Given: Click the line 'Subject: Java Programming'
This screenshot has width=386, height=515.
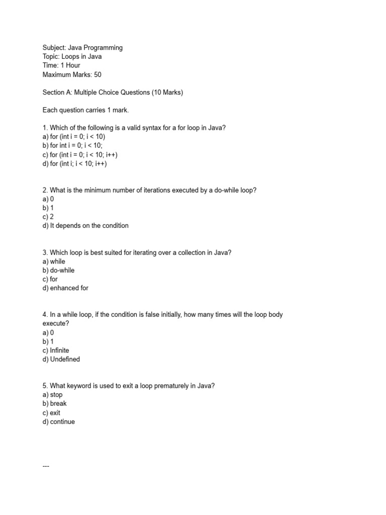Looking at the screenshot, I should click(x=82, y=48).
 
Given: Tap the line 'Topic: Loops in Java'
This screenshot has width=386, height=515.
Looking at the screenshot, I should click(x=72, y=57).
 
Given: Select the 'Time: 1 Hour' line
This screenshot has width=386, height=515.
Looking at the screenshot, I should click(x=61, y=65).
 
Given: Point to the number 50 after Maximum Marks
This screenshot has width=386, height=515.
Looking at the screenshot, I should click(x=98, y=74).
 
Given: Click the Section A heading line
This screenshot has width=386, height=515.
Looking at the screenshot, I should click(x=113, y=93).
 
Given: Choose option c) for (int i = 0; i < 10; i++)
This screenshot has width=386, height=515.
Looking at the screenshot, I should click(x=80, y=155).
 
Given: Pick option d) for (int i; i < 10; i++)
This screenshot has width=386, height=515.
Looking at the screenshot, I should click(x=75, y=163).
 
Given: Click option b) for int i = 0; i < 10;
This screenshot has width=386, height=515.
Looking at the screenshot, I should click(x=72, y=146).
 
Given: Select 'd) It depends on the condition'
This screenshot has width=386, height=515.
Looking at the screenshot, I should click(x=85, y=226).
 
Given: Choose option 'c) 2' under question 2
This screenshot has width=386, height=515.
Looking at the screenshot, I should click(x=48, y=217).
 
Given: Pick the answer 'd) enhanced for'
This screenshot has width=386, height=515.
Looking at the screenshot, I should click(x=65, y=288).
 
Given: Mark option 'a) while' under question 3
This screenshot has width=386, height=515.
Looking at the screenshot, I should click(x=54, y=262).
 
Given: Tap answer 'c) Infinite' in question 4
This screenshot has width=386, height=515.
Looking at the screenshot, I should click(x=56, y=351).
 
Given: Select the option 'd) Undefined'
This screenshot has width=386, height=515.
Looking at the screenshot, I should click(x=61, y=360).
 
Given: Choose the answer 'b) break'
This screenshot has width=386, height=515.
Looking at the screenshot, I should click(x=54, y=404).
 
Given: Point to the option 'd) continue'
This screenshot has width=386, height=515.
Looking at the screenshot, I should click(x=59, y=422).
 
